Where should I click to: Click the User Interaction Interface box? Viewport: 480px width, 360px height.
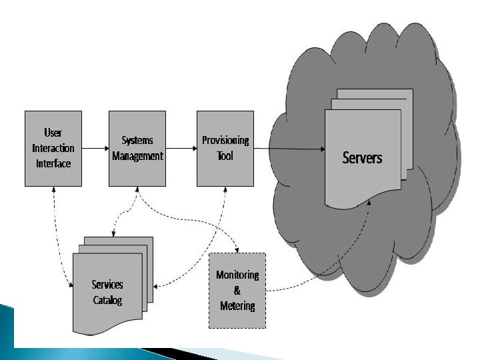click(53, 148)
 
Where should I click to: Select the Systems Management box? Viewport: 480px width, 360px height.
click(137, 148)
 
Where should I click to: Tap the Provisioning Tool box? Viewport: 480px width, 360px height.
click(225, 148)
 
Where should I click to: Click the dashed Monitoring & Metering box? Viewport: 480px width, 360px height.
click(237, 290)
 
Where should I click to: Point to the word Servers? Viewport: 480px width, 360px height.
click(363, 158)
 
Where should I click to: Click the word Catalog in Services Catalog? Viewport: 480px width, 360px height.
click(107, 301)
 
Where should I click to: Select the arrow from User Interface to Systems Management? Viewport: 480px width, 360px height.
click(95, 147)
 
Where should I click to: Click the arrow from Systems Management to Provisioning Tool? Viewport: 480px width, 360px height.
click(181, 147)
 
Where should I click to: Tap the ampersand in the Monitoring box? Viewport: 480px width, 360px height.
click(238, 291)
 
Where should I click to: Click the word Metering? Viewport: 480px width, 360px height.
click(237, 306)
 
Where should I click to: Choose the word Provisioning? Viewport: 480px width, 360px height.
click(225, 141)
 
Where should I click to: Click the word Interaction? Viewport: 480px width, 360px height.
click(53, 148)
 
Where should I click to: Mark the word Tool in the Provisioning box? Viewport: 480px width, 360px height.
click(225, 157)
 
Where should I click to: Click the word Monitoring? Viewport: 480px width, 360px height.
click(237, 275)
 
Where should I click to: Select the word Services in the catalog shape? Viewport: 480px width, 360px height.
click(107, 285)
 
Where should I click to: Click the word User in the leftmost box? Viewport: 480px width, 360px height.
click(53, 133)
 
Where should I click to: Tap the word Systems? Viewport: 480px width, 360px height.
click(137, 141)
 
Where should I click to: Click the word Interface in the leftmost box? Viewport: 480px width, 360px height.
click(53, 163)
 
